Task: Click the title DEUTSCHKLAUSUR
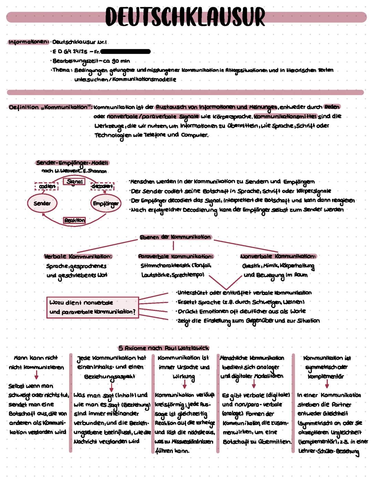[x=185, y=17]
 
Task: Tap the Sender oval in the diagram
[x=42, y=203]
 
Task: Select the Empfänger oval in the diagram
[x=105, y=204]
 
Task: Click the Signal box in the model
[x=74, y=181]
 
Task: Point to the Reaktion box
[x=74, y=220]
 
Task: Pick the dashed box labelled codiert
[x=47, y=186]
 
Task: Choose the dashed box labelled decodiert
[x=102, y=186]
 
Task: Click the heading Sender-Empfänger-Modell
[x=72, y=163]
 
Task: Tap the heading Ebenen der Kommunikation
[x=175, y=237]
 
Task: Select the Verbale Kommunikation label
[x=78, y=256]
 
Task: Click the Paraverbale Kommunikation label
[x=176, y=256]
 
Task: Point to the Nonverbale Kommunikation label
[x=278, y=256]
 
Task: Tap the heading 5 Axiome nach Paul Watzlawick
[x=164, y=348]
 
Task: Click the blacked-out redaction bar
[x=126, y=52]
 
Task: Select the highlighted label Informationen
[x=28, y=42]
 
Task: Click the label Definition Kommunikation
[x=50, y=107]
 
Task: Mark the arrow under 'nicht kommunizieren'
[x=36, y=375]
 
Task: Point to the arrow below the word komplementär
[x=327, y=384]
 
